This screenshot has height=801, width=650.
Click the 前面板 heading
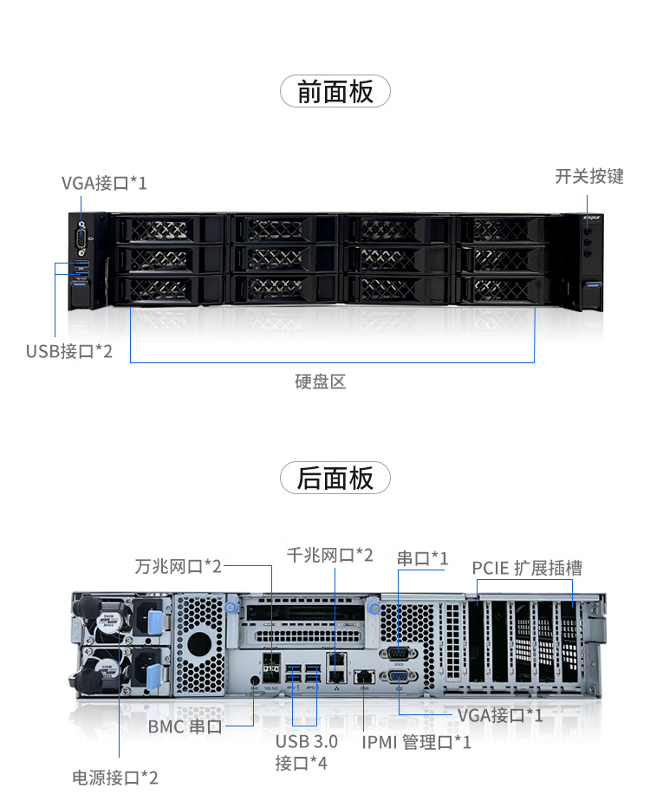click(x=335, y=91)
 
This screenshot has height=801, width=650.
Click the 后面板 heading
click(x=335, y=479)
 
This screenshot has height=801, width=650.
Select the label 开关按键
click(x=589, y=176)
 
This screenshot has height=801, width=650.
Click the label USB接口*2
click(x=69, y=351)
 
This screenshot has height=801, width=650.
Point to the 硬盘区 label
click(x=320, y=381)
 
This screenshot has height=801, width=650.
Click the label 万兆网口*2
click(x=179, y=566)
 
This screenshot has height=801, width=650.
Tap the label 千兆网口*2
click(x=330, y=555)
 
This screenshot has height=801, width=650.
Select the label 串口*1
click(x=423, y=558)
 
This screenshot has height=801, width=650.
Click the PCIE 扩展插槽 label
click(x=527, y=568)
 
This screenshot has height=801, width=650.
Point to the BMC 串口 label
click(x=185, y=726)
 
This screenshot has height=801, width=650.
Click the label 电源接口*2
click(x=115, y=778)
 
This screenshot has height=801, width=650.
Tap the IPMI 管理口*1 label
click(x=416, y=742)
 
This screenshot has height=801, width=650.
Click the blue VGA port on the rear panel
click(x=399, y=676)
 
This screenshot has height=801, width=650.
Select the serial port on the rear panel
click(x=399, y=654)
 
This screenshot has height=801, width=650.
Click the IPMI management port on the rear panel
click(x=363, y=676)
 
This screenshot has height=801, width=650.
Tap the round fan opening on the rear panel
click(x=199, y=643)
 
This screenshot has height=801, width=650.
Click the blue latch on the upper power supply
click(x=155, y=623)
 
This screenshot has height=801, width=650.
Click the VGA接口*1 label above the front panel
click(x=104, y=183)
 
